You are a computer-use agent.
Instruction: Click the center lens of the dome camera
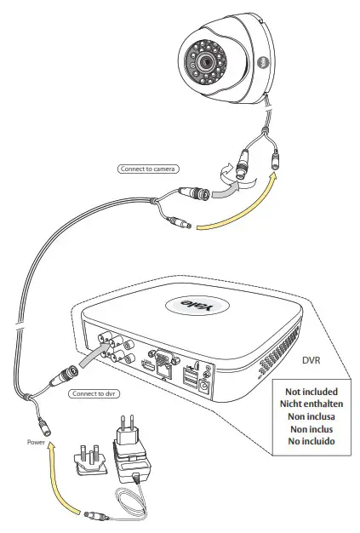click(207, 64)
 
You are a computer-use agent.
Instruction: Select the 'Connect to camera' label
click(146, 169)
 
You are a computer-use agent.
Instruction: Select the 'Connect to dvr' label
click(96, 394)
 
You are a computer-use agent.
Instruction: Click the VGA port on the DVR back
click(163, 358)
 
